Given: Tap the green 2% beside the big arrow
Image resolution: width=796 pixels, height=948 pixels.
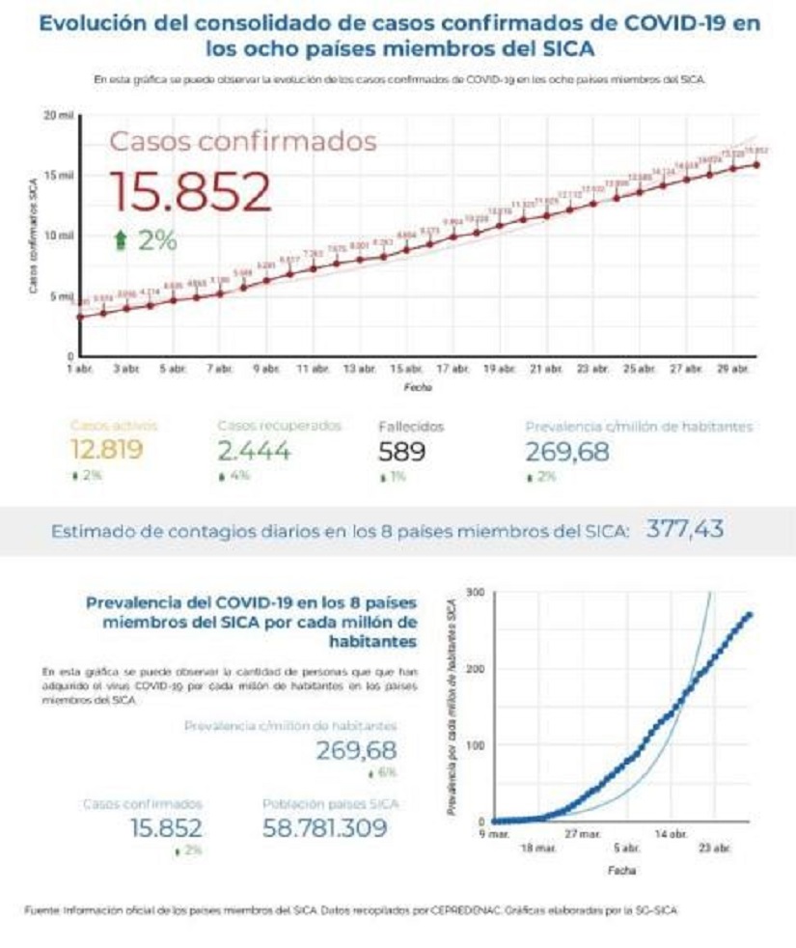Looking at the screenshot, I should coord(156,241).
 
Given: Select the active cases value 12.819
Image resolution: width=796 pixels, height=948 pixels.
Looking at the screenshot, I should coord(106,450).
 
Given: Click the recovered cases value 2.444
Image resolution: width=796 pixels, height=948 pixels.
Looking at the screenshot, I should coord(253,450).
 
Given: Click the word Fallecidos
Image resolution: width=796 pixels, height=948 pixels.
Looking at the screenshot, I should coord(410,425).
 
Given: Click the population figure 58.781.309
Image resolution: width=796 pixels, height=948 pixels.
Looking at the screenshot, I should coord(325,827).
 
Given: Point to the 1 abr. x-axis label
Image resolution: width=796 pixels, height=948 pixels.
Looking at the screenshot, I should coord(78,370).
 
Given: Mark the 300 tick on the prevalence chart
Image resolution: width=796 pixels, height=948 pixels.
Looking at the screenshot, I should coord(473,591).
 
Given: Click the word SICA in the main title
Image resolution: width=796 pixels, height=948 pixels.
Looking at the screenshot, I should coord(562,48).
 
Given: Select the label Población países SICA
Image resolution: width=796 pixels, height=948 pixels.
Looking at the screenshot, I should coord(331,803).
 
